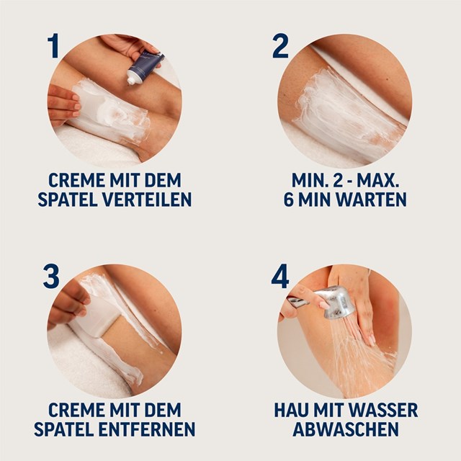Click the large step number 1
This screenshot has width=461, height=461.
53,45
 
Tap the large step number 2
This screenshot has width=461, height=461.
280,45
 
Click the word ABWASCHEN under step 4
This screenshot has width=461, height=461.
346,430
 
